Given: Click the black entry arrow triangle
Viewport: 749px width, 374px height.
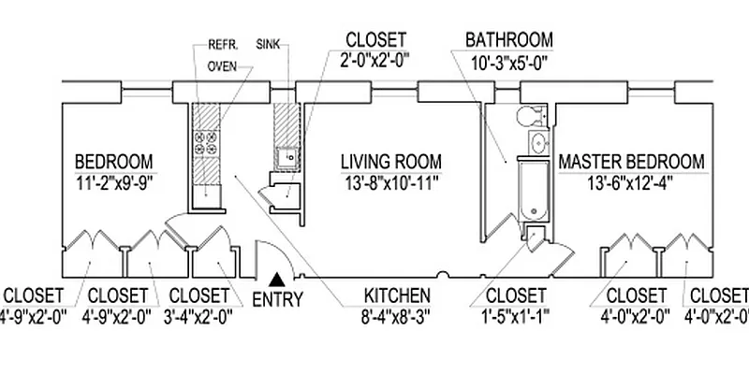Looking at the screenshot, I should (x=277, y=278).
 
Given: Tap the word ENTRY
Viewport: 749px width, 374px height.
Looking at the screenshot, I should (x=278, y=301).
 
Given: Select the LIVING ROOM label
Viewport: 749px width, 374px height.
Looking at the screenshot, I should (x=390, y=162).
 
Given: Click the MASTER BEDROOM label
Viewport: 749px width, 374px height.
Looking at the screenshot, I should (x=631, y=162).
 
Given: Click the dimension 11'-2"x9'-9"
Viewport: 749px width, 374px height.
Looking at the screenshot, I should (x=114, y=181).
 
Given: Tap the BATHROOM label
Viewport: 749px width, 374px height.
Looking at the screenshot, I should (x=509, y=41).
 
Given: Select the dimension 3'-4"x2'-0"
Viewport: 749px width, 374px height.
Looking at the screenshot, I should (x=197, y=315).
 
